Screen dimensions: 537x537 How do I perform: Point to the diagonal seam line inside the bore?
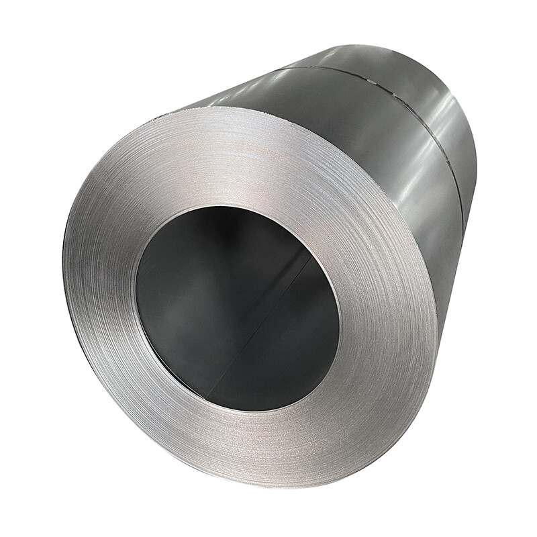[x=268, y=315]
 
